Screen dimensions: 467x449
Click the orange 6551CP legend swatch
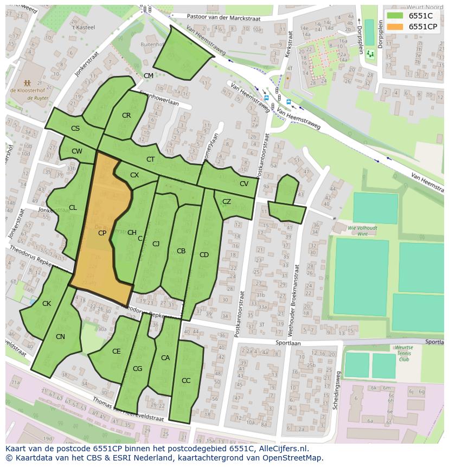tap(395, 27)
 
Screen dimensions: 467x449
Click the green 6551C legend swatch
tap(395, 16)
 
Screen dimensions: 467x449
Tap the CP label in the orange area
tap(102, 233)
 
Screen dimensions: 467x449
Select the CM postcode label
tap(148, 75)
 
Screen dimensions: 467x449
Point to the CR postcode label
tap(126, 116)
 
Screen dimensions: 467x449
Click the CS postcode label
tap(75, 129)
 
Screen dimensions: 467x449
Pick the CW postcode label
tap(77, 151)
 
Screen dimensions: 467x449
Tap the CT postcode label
tap(151, 159)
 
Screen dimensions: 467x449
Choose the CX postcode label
tap(134, 175)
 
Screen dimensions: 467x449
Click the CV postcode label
tap(244, 184)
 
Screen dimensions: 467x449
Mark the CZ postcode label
tap(227, 202)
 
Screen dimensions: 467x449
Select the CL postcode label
tap(73, 208)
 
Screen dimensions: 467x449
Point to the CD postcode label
tap(204, 255)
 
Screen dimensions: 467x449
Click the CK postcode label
tap(47, 304)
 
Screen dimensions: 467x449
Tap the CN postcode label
tap(60, 337)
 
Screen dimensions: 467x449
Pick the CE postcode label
tap(117, 351)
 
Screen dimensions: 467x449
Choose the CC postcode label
tap(186, 381)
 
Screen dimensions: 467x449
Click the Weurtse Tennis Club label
tap(404, 353)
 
